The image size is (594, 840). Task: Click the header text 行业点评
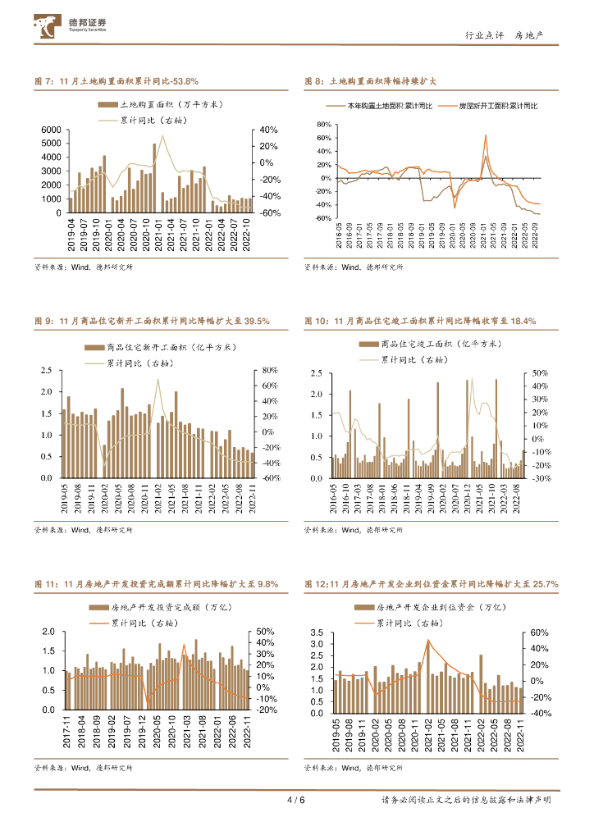481,35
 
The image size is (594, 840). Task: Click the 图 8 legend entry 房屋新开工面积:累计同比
488,107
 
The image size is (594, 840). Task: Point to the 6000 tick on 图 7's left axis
50,130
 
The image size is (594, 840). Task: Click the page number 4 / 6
295,801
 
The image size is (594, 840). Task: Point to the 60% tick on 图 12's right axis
538,633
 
